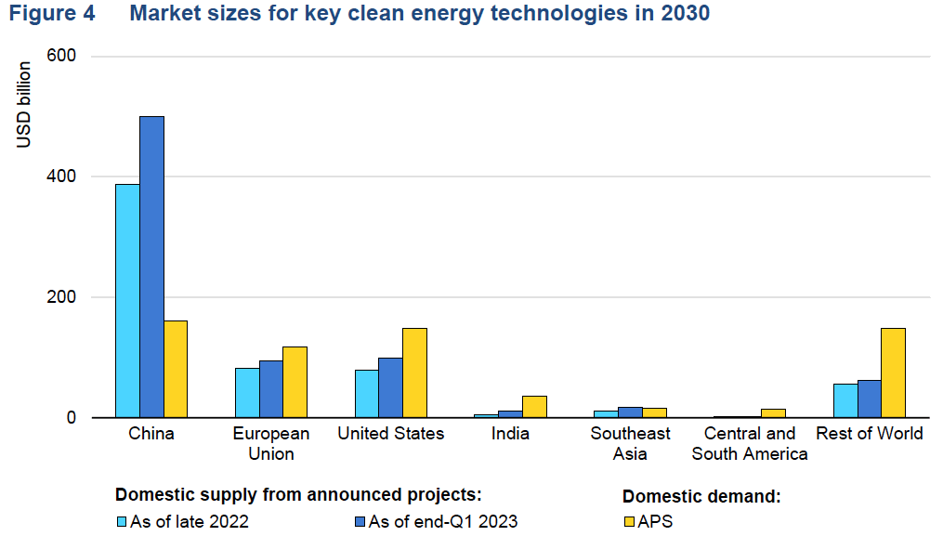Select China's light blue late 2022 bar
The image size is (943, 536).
point(127,301)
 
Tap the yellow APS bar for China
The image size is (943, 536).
point(176,370)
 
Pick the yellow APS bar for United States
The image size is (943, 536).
point(414,373)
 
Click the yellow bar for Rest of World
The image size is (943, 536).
point(893,373)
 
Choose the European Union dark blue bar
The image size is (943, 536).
point(271,389)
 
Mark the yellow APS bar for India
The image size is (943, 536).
point(534,407)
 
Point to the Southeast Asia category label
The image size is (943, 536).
point(630,444)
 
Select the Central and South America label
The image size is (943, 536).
point(750,444)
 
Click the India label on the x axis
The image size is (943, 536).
point(510,434)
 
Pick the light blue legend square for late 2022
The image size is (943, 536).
point(121,522)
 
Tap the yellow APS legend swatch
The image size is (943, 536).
point(628,522)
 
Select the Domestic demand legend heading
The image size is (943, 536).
point(701,496)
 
